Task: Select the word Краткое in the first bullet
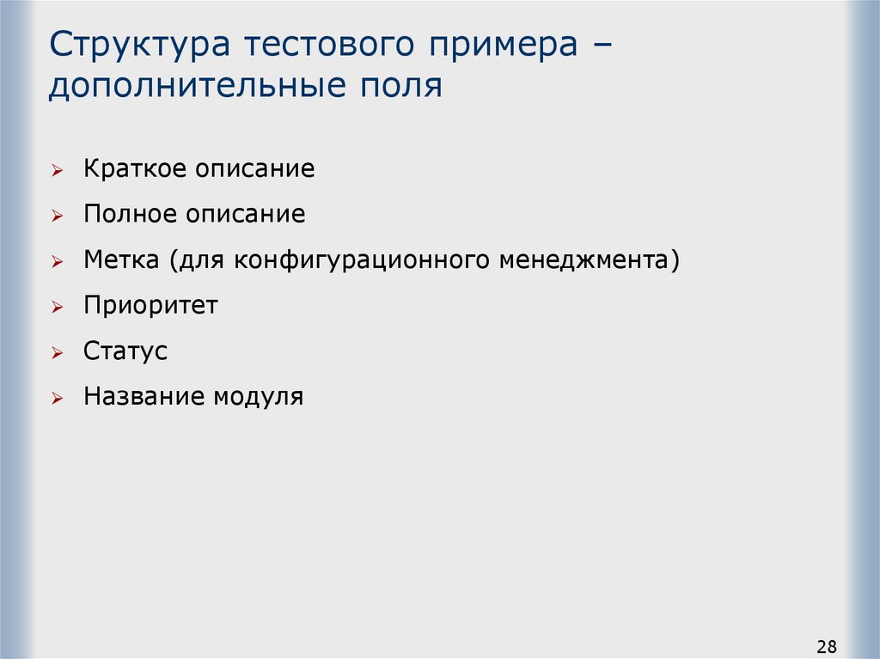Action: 134,168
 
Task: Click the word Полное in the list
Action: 129,214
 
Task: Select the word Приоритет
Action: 151,305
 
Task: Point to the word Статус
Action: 125,351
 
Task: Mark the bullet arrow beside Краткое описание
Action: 57,171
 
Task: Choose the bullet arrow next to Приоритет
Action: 57,308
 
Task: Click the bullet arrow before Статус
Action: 57,353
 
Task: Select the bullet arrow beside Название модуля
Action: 57,399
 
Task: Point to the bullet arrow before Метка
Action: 57,262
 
